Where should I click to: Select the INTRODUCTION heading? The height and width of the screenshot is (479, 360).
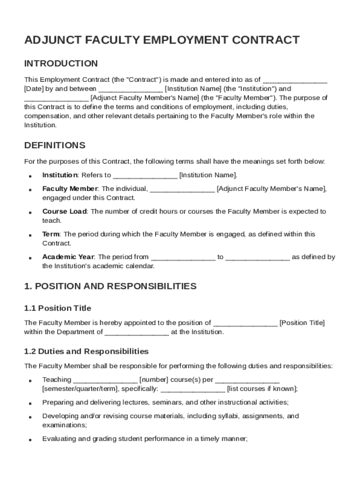click(x=61, y=64)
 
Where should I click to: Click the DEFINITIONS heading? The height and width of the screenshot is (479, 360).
click(x=55, y=145)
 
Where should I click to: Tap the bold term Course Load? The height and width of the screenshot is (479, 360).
click(x=65, y=211)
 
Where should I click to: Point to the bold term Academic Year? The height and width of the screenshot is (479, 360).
click(x=68, y=257)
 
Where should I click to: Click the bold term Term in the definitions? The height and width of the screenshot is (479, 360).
click(x=51, y=234)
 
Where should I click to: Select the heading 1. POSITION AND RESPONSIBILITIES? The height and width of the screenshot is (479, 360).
click(x=110, y=286)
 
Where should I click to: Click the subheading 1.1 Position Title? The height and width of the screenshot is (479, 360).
click(x=58, y=308)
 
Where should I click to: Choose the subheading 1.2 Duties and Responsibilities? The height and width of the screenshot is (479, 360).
click(x=86, y=351)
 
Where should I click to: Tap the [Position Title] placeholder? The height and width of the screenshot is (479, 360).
click(x=302, y=323)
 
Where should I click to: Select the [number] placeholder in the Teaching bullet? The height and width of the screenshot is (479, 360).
click(x=154, y=380)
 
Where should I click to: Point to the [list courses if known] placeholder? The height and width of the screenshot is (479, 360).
click(x=262, y=389)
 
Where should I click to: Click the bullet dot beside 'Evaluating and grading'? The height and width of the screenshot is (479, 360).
click(x=30, y=440)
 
